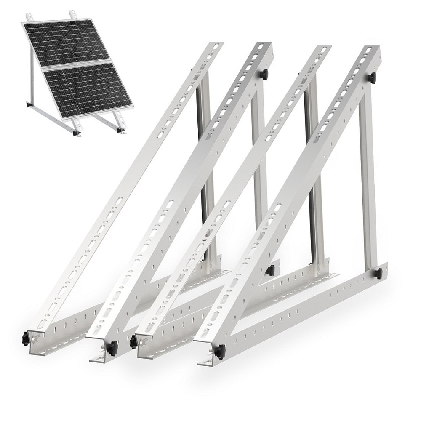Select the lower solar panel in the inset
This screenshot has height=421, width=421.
click(x=88, y=88)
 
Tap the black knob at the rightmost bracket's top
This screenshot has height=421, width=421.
click(x=371, y=77)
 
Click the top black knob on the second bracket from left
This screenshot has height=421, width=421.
click(x=264, y=75)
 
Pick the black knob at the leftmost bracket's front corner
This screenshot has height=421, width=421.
click(x=26, y=338)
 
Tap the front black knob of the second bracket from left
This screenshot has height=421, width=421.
click(x=112, y=348)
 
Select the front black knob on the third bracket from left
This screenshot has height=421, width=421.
click(x=134, y=341)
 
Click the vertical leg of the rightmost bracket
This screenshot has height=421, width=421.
click(x=367, y=177)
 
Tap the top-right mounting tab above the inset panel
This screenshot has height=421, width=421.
click(x=73, y=14)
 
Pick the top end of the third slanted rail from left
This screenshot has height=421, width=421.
click(x=323, y=50)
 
